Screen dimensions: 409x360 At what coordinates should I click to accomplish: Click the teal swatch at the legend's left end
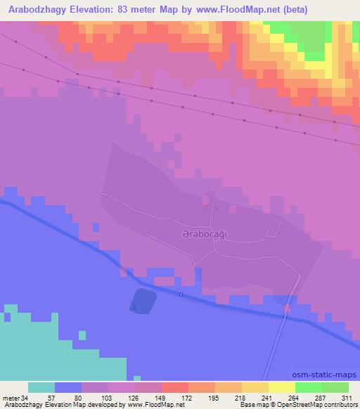click(41, 387)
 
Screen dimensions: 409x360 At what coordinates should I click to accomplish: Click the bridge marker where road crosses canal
click(181, 294)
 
